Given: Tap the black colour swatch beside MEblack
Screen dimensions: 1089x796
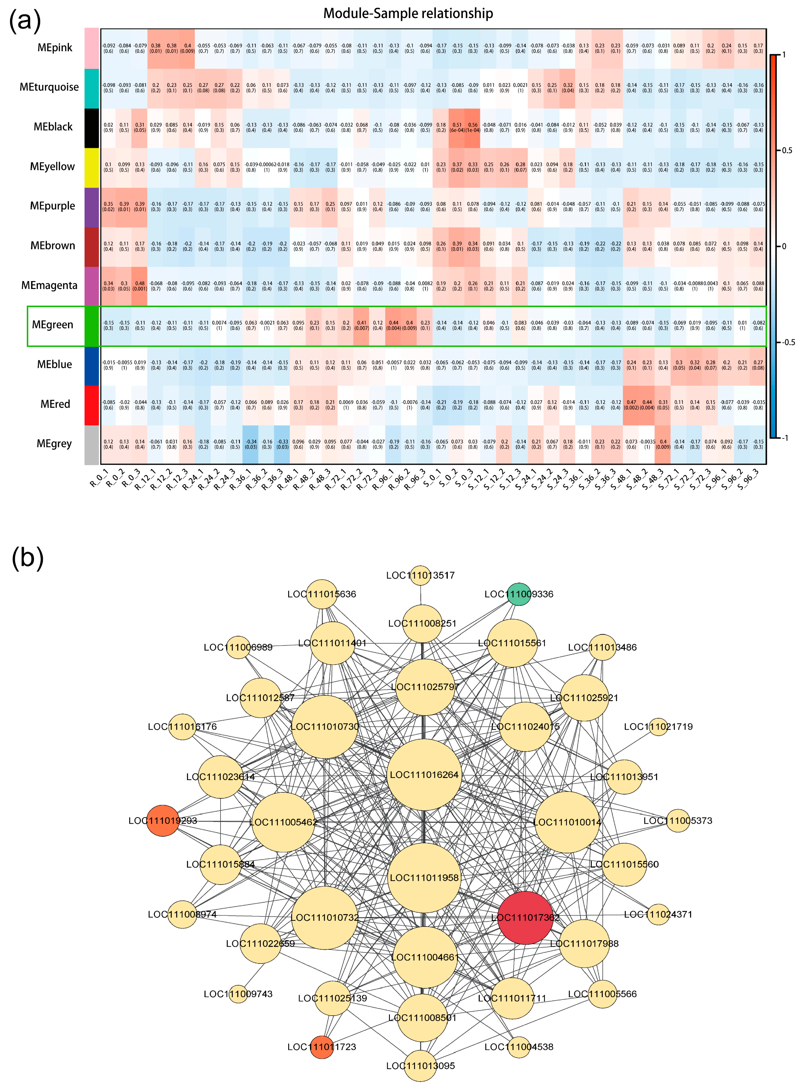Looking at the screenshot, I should point(92,128).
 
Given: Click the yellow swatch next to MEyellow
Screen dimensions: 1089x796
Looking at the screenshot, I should point(92,167).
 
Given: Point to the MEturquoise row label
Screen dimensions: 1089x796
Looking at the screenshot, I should point(49,87).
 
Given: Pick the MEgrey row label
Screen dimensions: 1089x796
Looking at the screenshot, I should point(54,444).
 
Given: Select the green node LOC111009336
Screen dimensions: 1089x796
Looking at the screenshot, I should point(519,594).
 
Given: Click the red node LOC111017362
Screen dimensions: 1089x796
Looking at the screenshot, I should point(525,918).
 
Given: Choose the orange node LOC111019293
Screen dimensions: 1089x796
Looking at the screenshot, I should point(163,821).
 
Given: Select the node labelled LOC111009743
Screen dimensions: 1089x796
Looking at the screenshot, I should point(238,994).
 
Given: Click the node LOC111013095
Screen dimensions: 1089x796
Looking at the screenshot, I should point(420,1066).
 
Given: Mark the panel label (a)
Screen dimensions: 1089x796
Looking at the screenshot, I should point(25,22).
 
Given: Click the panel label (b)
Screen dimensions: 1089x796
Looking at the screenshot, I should point(28,558).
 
